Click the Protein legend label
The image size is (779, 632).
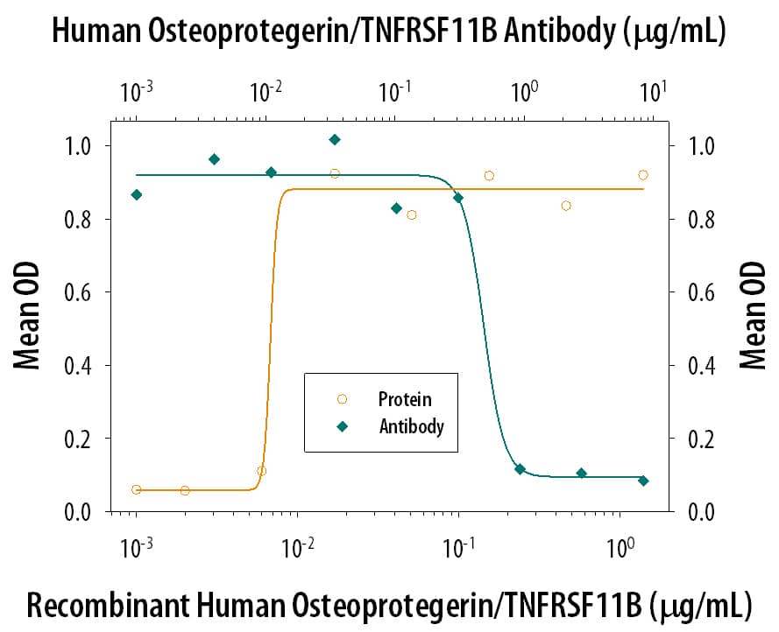[404, 399]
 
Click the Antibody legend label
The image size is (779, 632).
[411, 427]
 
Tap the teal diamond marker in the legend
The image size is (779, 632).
[342, 427]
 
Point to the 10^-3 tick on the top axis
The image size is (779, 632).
[137, 90]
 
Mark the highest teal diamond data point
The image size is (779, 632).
[335, 139]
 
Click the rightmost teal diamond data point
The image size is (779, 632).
[643, 481]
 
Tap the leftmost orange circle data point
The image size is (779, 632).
[137, 489]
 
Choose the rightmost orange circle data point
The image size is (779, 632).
[643, 175]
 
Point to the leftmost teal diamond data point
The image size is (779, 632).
[137, 194]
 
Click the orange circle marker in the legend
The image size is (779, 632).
[342, 399]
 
